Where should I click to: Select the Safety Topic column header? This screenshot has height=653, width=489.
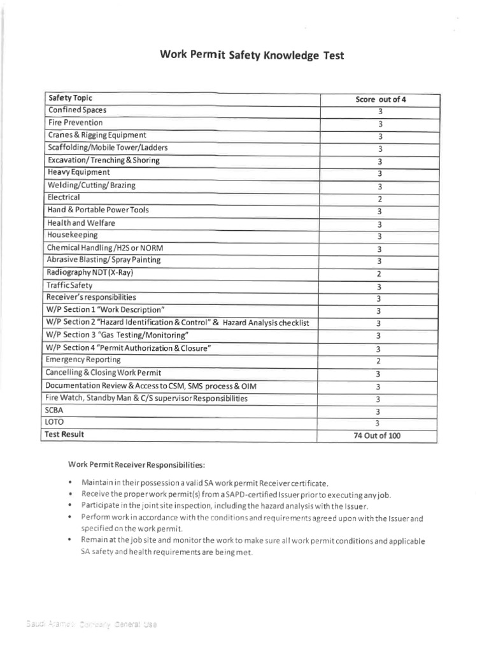click(70, 98)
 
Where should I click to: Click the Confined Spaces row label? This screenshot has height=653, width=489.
click(77, 110)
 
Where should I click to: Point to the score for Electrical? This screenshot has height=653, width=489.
click(379, 199)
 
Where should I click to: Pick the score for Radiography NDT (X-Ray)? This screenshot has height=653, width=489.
click(379, 274)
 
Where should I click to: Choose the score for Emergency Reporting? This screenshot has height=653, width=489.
click(379, 361)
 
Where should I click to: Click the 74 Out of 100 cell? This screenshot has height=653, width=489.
click(379, 436)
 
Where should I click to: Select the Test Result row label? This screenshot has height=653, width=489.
click(66, 435)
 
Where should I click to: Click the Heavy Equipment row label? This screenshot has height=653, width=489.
click(78, 173)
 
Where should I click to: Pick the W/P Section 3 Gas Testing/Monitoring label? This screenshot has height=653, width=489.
click(118, 335)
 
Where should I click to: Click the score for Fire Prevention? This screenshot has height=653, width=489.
click(379, 124)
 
